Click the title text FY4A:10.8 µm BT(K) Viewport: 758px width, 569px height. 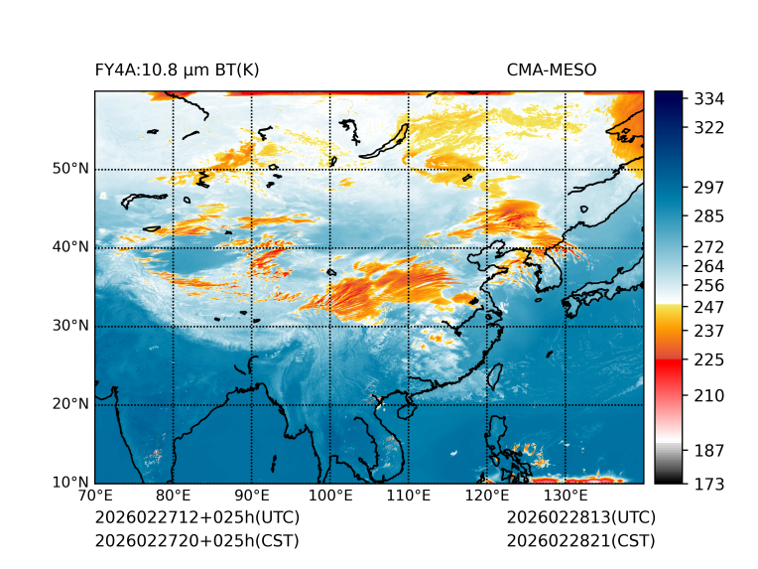(177, 70)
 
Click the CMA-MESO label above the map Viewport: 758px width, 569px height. (552, 70)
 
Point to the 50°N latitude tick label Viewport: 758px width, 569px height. (70, 169)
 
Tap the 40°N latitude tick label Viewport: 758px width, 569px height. (70, 247)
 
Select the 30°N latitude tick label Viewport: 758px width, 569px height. (70, 326)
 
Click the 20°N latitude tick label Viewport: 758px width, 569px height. (70, 404)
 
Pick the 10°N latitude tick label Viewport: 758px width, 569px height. (70, 483)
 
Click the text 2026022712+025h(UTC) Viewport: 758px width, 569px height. (196, 517)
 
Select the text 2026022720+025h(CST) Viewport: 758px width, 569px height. (196, 540)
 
